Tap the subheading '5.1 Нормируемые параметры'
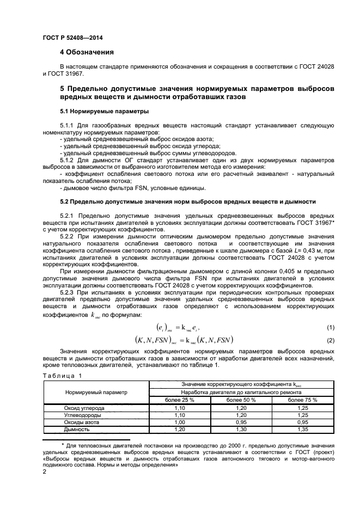tap(96, 111)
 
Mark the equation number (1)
tap(330, 327)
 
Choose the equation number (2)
tap(330, 340)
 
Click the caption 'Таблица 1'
tap(62, 376)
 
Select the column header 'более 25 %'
tap(179, 400)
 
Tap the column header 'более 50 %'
tap(241, 400)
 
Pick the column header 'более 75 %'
tap(302, 400)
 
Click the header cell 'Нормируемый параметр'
tap(96, 392)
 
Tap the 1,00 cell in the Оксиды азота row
tap(179, 422)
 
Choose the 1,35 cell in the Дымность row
tap(302, 429)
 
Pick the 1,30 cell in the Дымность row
tap(241, 429)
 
